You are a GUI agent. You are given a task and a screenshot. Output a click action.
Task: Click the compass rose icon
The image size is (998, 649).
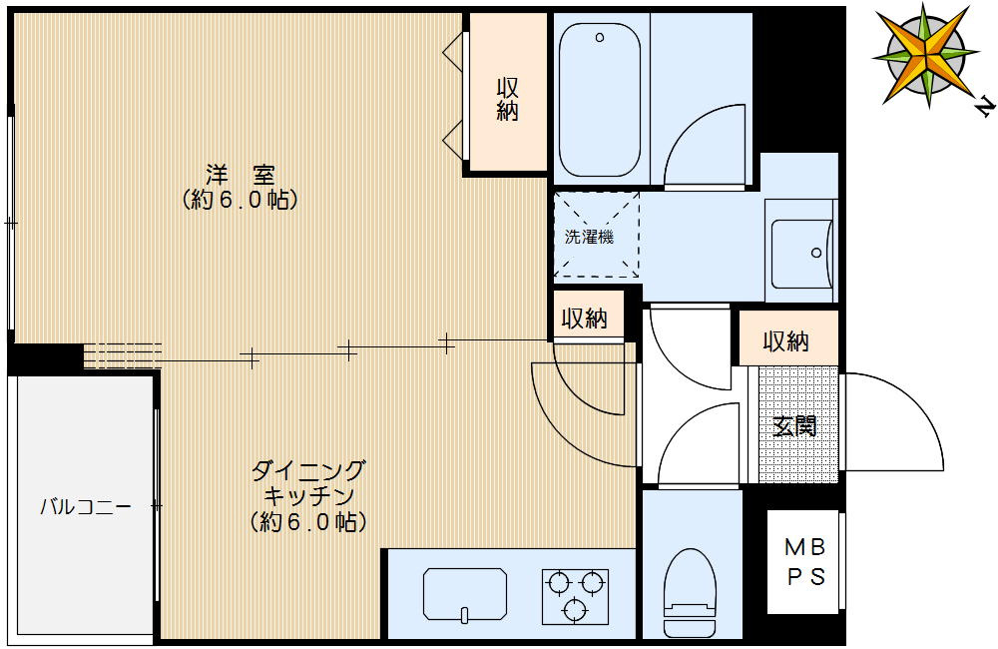927,54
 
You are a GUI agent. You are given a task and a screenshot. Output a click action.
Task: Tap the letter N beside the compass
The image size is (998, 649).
984,103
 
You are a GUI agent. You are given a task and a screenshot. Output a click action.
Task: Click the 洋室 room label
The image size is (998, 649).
240,174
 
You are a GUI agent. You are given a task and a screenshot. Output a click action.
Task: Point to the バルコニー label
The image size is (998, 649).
85,506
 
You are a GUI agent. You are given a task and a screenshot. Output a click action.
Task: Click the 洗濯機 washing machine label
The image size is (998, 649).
589,238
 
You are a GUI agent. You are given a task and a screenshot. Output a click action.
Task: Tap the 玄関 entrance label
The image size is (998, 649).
794,426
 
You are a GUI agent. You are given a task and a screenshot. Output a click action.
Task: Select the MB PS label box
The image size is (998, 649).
804,562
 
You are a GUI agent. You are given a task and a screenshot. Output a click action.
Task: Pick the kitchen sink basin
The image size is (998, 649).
464,594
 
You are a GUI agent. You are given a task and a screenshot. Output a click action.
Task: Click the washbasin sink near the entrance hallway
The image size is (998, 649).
801,254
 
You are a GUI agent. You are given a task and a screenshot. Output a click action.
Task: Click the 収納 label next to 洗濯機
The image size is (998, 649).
584,320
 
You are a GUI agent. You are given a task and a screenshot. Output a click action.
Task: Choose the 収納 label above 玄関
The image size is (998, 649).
785,342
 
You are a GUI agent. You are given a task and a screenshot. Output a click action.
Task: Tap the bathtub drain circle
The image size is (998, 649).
600,38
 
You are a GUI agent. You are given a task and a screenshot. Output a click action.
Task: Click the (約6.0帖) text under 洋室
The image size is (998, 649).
240,200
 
